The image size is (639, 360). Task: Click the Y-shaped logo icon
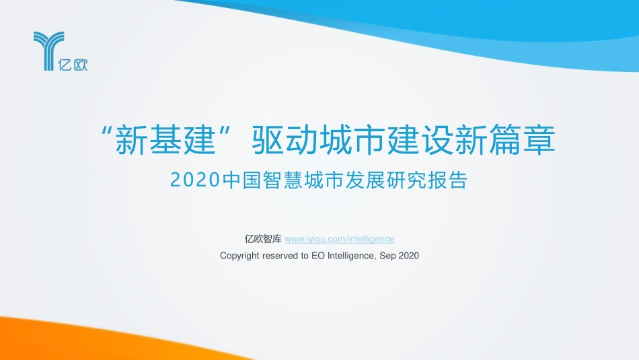[48, 50]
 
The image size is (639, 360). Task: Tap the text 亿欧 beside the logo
[74, 65]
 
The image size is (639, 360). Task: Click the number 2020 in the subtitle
[195, 180]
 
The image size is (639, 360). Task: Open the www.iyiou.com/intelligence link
[340, 239]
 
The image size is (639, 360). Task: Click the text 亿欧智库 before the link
[263, 239]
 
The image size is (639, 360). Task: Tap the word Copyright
[239, 256]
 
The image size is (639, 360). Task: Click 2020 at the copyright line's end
[408, 256]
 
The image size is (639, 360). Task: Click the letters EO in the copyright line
[318, 256]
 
